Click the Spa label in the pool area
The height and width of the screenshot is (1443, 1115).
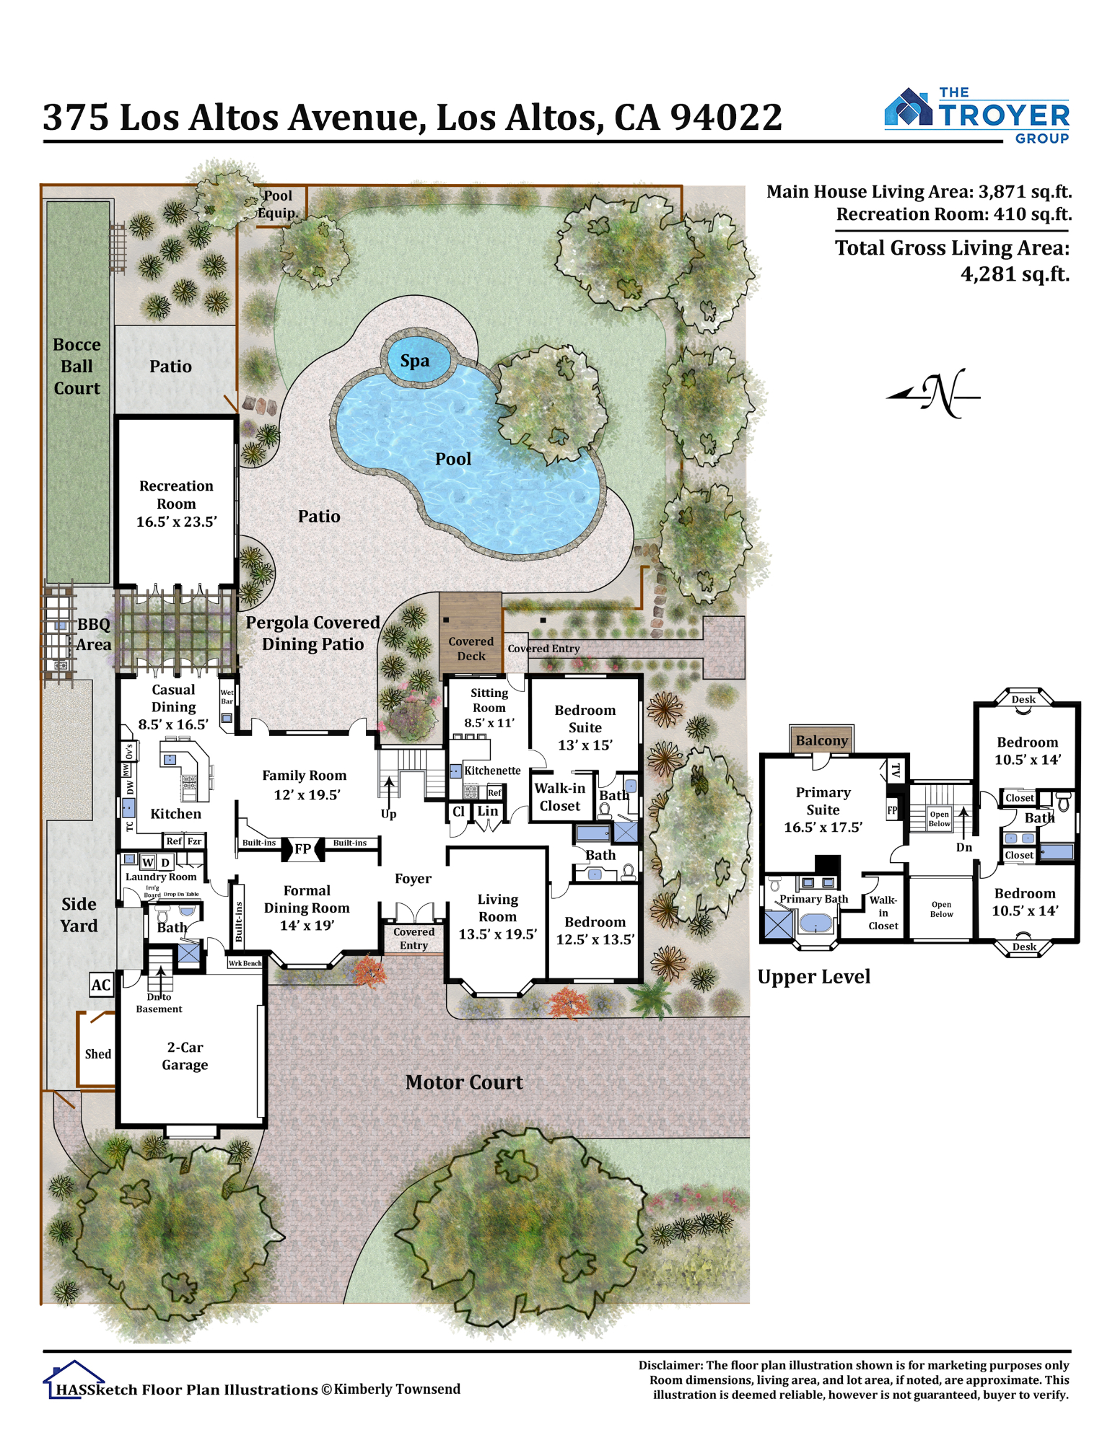pos(414,360)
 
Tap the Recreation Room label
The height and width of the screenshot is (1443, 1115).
pos(176,503)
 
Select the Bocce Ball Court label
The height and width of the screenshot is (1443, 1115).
pos(76,366)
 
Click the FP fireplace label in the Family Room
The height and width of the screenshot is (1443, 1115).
pos(302,848)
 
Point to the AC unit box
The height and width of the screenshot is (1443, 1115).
pos(101,985)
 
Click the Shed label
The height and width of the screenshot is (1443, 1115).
pos(98,1053)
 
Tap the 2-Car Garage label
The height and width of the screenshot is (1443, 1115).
pos(185,1056)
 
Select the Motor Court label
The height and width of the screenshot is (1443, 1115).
pos(464,1082)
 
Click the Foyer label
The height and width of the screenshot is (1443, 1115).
pos(413,878)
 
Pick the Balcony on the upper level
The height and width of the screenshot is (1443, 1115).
pos(821,740)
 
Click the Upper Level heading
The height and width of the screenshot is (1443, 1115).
pos(813,976)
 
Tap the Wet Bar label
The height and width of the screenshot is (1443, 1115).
pos(227,696)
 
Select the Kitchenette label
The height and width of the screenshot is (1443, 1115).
pos(492,771)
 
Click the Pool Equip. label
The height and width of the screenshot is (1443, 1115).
pos(278,204)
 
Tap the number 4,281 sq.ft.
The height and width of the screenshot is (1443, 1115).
pos(1015,274)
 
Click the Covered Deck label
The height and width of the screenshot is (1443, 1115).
pos(471,649)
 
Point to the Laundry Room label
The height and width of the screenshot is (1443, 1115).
pos(161,877)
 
